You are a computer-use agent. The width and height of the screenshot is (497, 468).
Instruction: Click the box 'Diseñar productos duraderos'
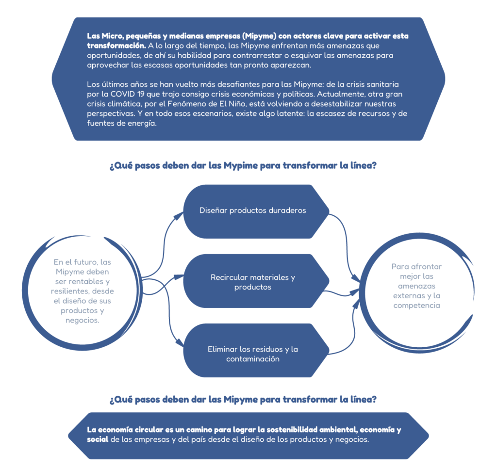(x=256, y=211)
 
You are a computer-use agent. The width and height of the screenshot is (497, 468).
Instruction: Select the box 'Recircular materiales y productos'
(x=256, y=281)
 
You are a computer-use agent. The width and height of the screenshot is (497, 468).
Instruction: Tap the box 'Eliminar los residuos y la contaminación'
(x=256, y=350)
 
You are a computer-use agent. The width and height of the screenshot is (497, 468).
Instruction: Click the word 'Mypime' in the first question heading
(x=241, y=165)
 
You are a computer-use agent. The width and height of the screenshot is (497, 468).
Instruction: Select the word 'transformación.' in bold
(x=116, y=46)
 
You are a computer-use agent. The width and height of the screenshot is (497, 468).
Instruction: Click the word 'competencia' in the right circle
(x=416, y=306)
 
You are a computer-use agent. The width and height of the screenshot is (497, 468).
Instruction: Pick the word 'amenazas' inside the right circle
(x=416, y=286)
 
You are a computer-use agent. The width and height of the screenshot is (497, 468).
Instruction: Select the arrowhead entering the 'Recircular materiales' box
(x=179, y=277)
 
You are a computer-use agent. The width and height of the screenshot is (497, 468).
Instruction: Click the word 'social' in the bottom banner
(x=98, y=439)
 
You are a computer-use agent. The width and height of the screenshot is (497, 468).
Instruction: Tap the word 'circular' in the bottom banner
(x=148, y=430)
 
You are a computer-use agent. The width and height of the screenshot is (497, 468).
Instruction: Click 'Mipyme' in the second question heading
(x=241, y=400)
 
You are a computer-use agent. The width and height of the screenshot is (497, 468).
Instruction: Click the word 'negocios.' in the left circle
(x=83, y=321)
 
